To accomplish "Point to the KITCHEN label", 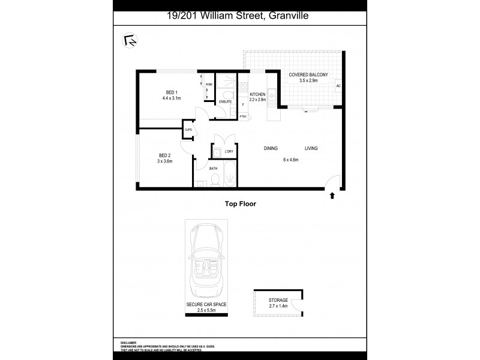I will tap(257, 94).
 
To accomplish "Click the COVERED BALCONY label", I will tap(308, 74).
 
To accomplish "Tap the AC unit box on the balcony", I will tap(338, 86).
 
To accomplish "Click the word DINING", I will tap(271, 148).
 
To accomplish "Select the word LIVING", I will tap(311, 148).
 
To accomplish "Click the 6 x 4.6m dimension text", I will tap(291, 160).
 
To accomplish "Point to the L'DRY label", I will tap(229, 151).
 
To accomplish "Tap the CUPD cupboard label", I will tap(188, 130).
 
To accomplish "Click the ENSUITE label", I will tap(226, 102).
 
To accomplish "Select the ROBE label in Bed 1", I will tap(209, 85).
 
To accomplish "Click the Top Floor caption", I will tap(240, 204).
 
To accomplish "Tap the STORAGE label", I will tap(278, 299).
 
